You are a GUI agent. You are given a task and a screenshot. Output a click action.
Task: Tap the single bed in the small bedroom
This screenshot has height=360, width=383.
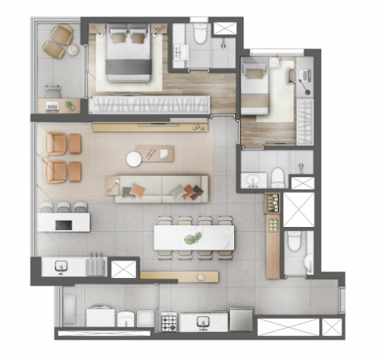(256, 88)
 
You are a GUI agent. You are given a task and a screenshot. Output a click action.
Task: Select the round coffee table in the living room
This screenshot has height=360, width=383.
(135, 160)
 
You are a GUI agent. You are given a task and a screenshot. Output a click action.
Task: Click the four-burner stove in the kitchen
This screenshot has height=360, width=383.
(169, 323)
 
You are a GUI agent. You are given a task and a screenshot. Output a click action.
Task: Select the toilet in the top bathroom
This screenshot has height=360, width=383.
(198, 31)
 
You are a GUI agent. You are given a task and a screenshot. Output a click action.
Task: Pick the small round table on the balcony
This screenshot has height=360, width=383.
(73, 49)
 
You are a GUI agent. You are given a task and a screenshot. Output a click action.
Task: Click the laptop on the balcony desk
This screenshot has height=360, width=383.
(53, 104)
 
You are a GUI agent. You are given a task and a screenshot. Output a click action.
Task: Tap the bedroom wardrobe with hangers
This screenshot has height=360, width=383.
(150, 104)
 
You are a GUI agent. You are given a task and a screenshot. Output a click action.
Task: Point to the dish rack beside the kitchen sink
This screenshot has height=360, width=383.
(96, 264)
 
